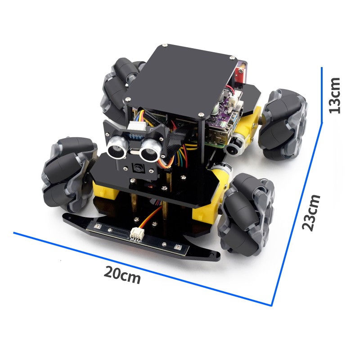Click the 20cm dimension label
point(122,275)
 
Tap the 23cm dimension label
point(311,212)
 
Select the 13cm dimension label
point(334,95)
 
